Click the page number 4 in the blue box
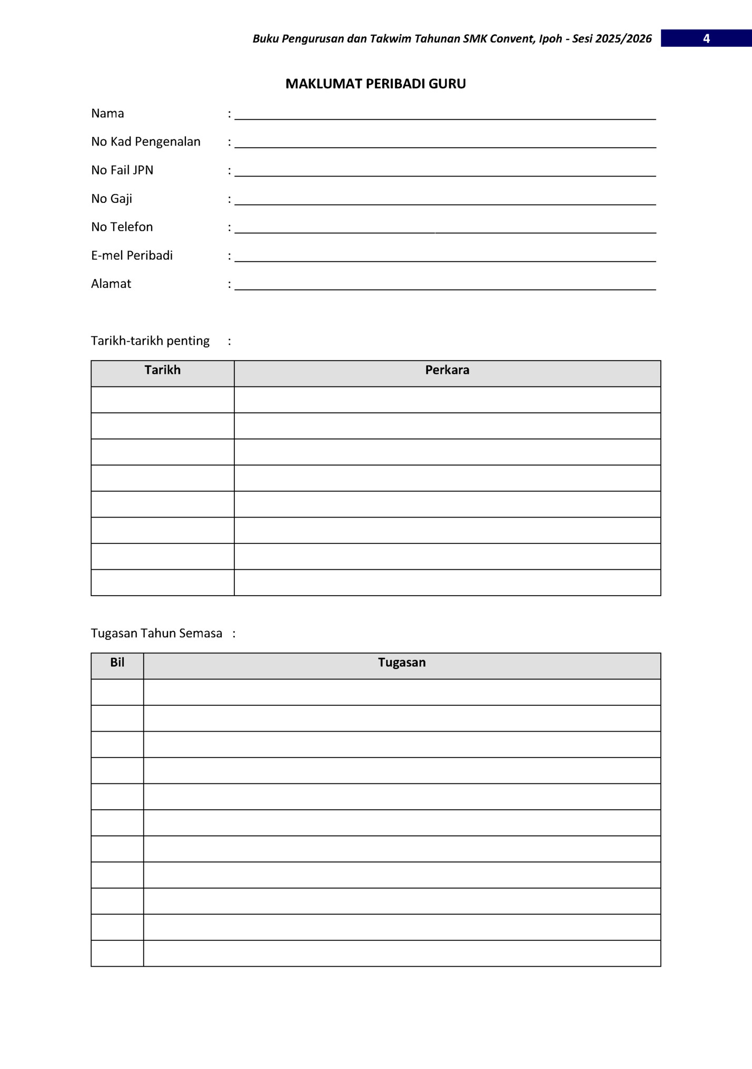tap(706, 38)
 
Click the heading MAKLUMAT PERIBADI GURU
tap(375, 84)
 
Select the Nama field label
tap(107, 113)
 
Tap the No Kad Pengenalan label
tap(146, 142)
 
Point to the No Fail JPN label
tap(122, 170)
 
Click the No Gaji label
tap(112, 199)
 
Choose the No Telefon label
tap(122, 227)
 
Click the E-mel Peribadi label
tap(132, 256)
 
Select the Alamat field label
tap(111, 284)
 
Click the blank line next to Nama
tap(445, 116)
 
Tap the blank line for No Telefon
tap(445, 230)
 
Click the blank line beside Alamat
tap(445, 287)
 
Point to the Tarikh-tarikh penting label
tap(150, 341)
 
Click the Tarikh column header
tap(163, 370)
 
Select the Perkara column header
tap(447, 370)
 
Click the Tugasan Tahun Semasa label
tap(156, 634)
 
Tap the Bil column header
tap(117, 663)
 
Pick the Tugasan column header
tap(402, 663)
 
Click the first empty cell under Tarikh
tap(163, 400)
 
